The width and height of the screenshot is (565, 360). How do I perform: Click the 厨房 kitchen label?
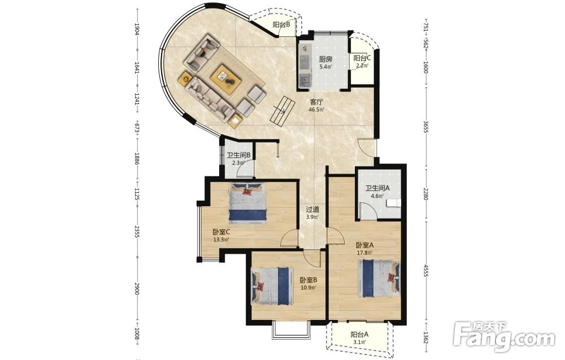point(325,59)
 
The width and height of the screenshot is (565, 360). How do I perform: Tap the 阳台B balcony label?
point(281,24)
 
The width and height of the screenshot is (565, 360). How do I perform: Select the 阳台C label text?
point(362,58)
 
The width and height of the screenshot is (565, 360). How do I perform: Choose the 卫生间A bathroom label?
point(377,188)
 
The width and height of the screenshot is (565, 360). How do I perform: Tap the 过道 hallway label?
point(312,209)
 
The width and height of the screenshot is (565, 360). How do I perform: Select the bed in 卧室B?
point(272,286)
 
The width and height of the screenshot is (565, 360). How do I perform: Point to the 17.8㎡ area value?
point(364,253)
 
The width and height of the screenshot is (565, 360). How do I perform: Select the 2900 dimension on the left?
point(137,289)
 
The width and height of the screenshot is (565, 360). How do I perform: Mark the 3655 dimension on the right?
point(425,126)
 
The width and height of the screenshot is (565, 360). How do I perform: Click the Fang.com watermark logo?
point(504,335)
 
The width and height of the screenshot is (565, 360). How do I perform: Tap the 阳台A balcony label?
point(359,335)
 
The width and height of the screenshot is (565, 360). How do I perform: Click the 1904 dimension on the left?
point(137,29)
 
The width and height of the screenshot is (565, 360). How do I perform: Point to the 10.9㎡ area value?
point(308,288)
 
